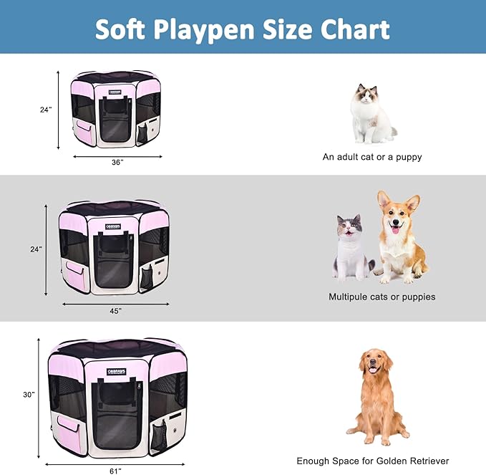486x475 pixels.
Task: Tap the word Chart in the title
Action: [x=354, y=29]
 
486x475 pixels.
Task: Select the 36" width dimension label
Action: [x=117, y=162]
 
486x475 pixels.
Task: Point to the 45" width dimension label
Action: [x=115, y=310]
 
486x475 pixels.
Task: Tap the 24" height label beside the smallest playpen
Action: [x=46, y=110]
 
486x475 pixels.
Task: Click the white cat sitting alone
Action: [x=370, y=115]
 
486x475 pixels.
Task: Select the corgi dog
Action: [x=399, y=236]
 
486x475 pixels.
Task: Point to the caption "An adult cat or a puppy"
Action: [x=372, y=157]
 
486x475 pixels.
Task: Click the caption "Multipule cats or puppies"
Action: [x=381, y=296]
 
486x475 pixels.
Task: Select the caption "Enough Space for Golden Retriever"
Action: [x=373, y=461]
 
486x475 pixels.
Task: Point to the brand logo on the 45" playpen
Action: [x=113, y=227]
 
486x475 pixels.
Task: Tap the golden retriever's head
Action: [x=374, y=363]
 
